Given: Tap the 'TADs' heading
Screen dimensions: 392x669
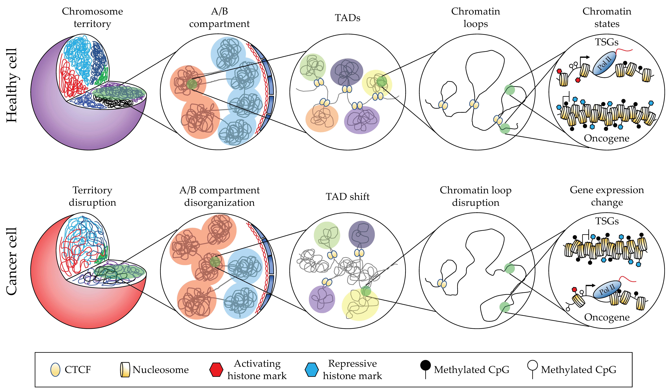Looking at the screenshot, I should coord(347,18).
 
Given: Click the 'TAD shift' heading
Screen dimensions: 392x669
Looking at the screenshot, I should coord(347,197).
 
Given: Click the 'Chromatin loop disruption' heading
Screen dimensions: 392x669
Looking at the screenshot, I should coord(475,196).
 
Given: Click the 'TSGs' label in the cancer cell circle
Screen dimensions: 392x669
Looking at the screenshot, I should coord(607,221).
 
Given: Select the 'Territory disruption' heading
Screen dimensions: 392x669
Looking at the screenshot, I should coord(92,196).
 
